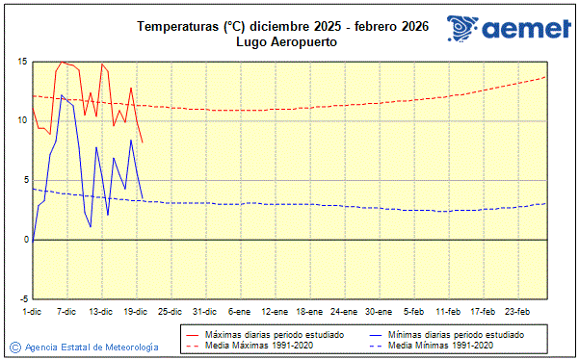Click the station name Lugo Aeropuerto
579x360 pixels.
289,43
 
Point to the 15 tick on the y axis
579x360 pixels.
21,62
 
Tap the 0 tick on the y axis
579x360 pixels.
24,240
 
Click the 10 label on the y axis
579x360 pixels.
21,120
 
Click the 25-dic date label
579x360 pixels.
170,311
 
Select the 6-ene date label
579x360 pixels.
239,311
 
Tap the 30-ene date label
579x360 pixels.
378,311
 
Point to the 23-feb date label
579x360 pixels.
517,311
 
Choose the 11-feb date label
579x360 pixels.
448,311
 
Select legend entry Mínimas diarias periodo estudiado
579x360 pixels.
456,333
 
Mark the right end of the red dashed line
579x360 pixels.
546,77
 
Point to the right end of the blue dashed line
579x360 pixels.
546,203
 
